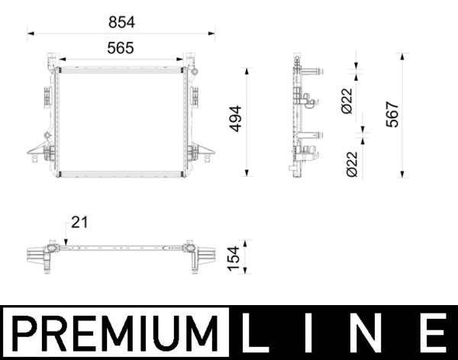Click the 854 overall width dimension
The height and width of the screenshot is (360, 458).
pyautogui.click(x=121, y=23)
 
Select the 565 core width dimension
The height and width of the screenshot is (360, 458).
pyautogui.click(x=121, y=47)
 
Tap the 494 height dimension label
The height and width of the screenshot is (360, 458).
pyautogui.click(x=235, y=119)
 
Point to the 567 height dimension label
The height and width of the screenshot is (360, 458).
pyautogui.click(x=392, y=114)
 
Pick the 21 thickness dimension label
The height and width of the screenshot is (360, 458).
pyautogui.click(x=80, y=222)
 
